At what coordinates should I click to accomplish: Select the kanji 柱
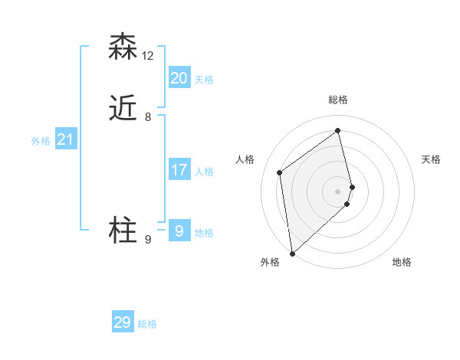(123, 231)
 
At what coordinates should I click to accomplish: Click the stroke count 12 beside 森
(148, 56)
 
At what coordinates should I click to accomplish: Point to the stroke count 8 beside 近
(148, 117)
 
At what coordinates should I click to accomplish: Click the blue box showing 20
(179, 77)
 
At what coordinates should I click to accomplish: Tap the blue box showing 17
(179, 169)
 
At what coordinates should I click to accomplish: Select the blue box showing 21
(65, 139)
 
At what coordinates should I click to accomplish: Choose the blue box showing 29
(123, 322)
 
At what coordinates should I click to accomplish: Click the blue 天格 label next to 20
(204, 80)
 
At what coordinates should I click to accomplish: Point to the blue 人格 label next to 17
(204, 172)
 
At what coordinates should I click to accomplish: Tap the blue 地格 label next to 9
(204, 233)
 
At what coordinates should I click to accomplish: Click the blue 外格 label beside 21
(41, 141)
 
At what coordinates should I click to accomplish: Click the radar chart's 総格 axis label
(338, 100)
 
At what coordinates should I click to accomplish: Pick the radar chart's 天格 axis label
(432, 159)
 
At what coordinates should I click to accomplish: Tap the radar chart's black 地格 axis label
(402, 262)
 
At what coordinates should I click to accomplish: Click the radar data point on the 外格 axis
(292, 253)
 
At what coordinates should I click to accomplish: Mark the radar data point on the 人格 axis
(280, 172)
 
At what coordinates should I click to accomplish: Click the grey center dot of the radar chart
(338, 191)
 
